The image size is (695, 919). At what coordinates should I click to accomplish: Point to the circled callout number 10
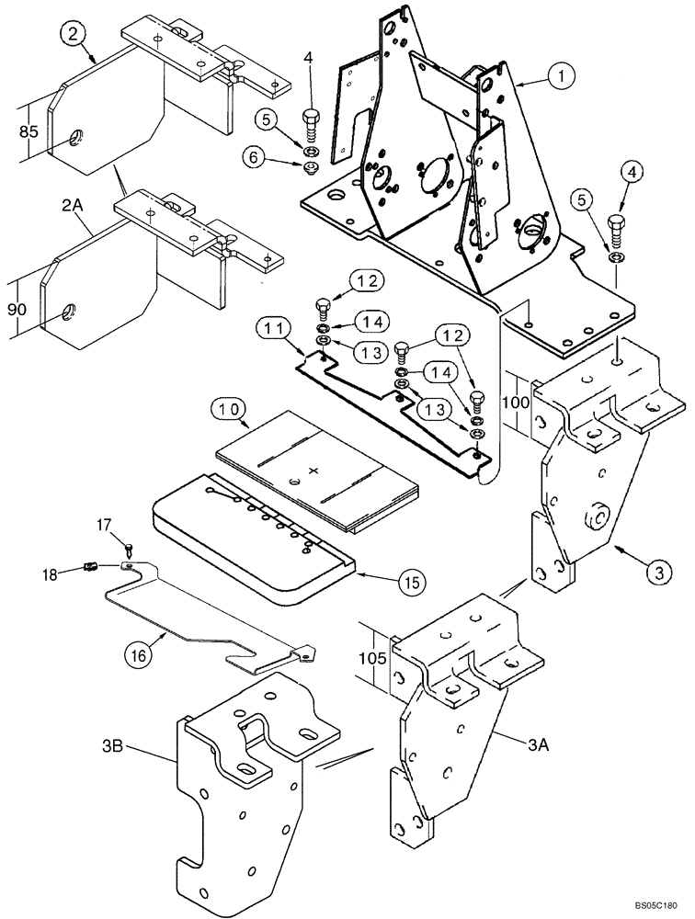click(231, 407)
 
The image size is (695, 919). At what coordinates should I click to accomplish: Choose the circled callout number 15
click(411, 581)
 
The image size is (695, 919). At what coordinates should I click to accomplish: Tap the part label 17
click(104, 524)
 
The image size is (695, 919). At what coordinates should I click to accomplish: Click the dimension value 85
click(29, 132)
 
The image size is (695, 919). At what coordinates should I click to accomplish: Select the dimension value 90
click(17, 311)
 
